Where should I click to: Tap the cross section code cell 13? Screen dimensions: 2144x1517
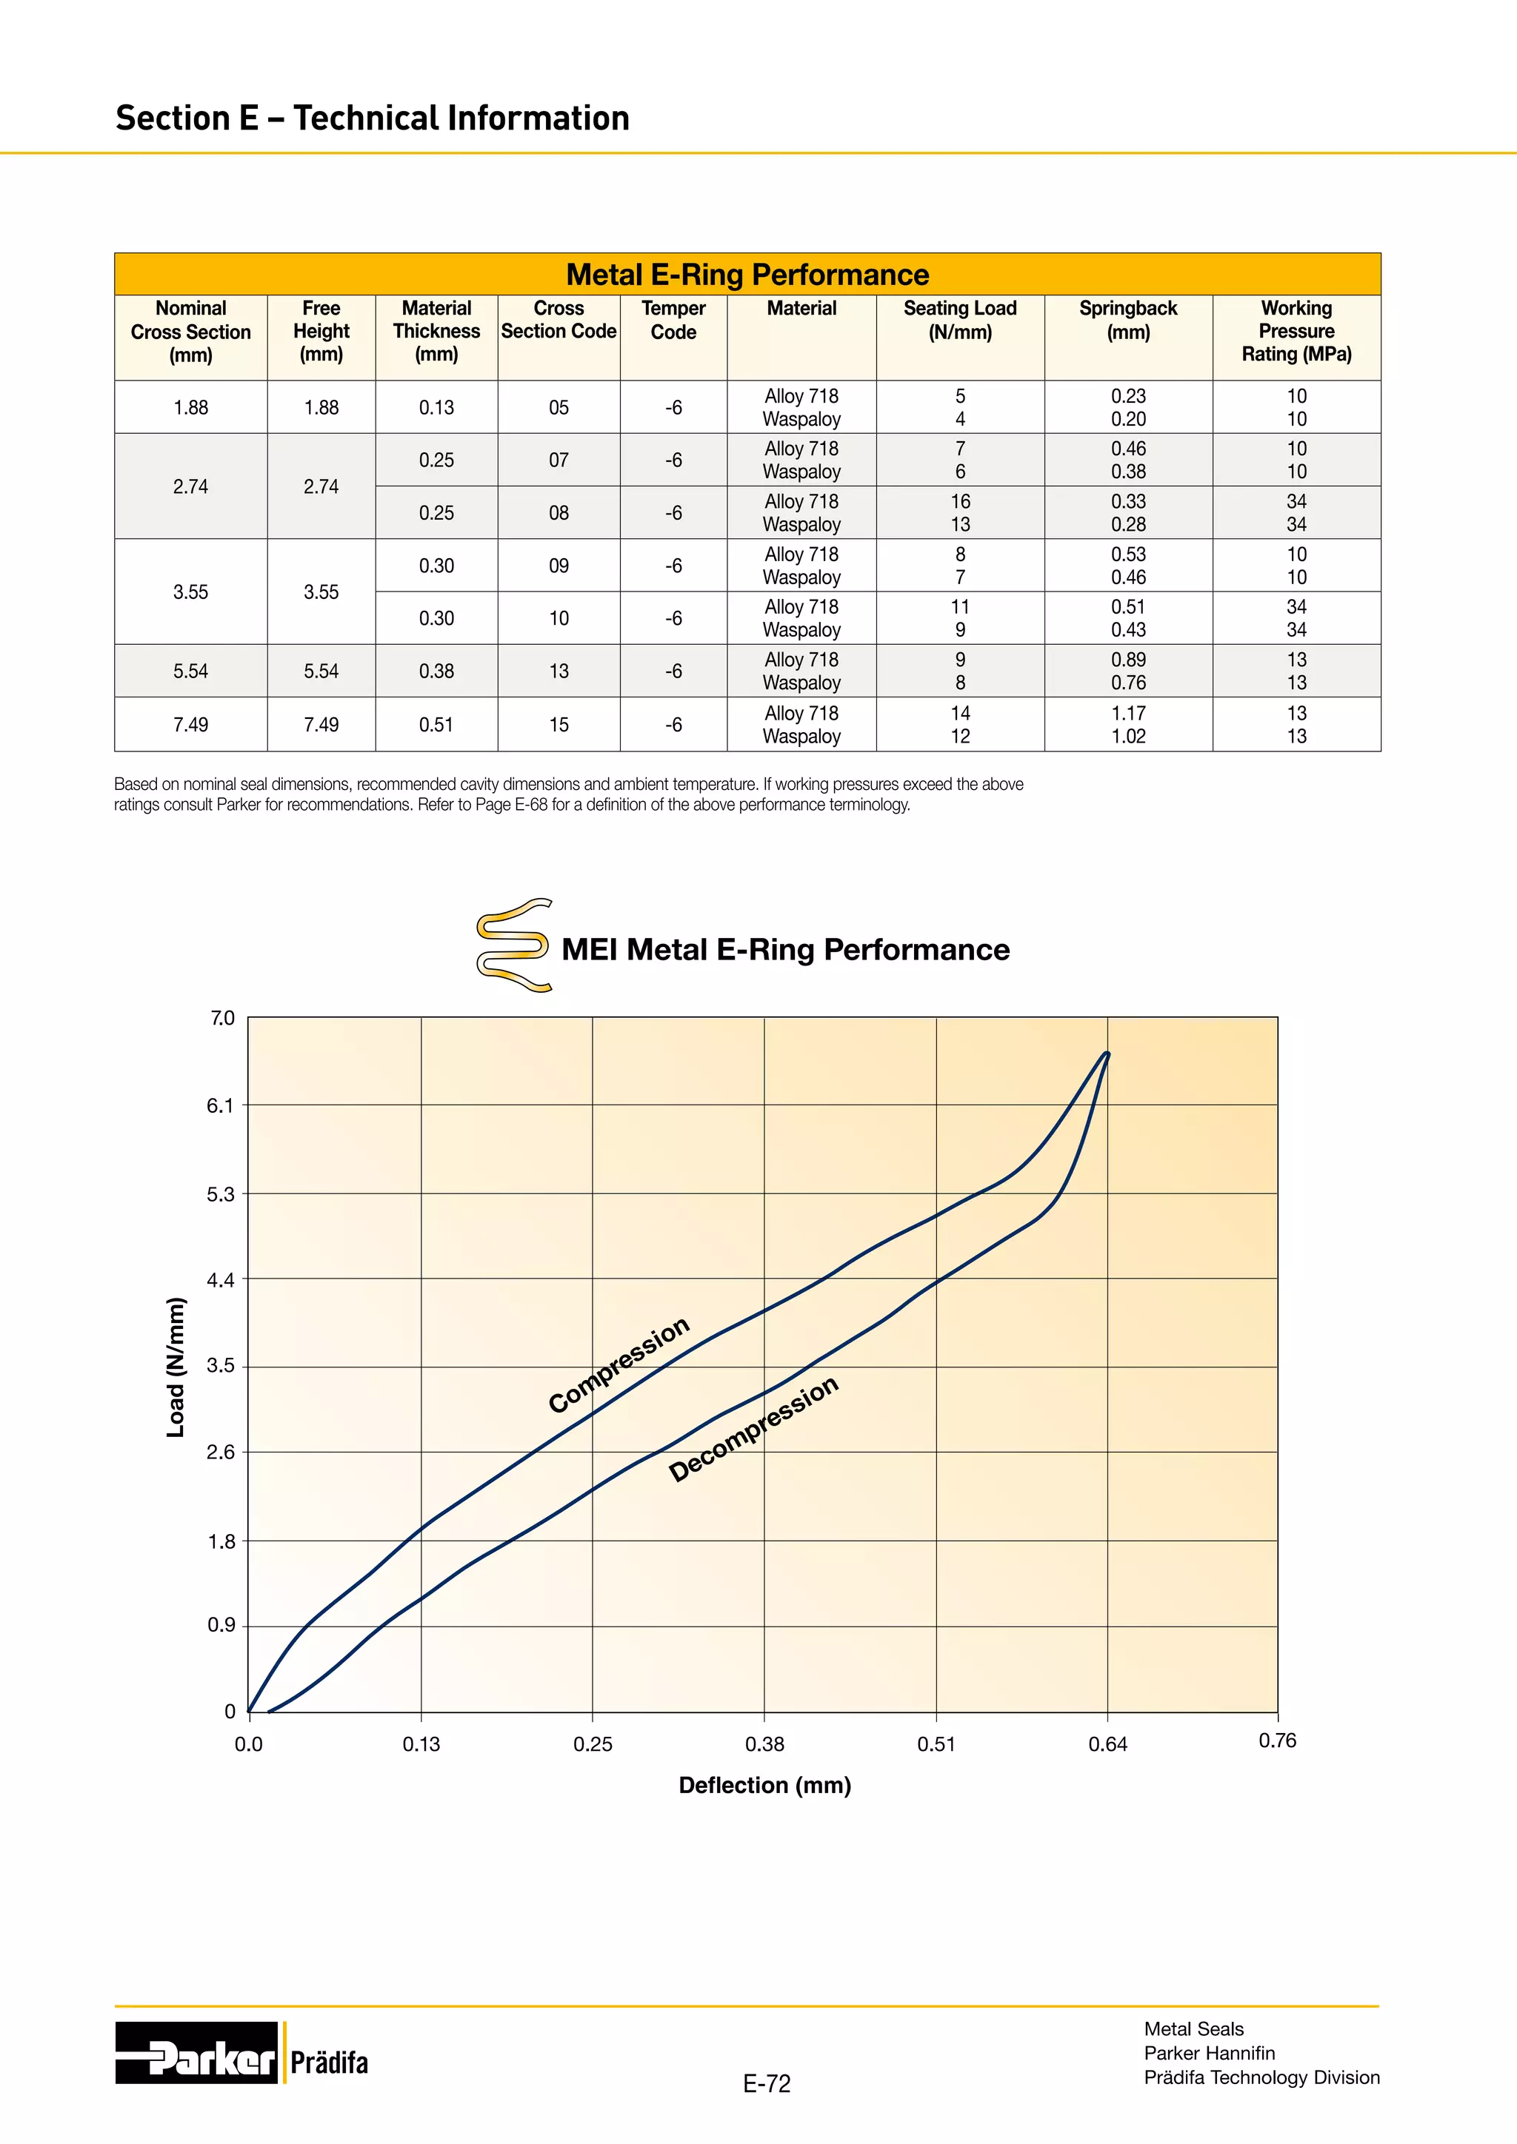pos(559,671)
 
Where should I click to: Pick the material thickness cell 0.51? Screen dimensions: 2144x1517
pos(436,725)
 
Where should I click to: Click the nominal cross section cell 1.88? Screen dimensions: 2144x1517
pos(190,407)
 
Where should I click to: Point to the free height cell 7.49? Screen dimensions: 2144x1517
pos(321,725)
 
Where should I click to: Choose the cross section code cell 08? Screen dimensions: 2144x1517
pos(559,512)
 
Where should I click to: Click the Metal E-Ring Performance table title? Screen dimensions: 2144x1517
pos(747,275)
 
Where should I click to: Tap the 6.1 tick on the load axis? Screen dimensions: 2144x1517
pos(221,1105)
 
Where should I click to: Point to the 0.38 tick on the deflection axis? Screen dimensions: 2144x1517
pos(764,1743)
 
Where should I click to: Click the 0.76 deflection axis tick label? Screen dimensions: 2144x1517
pos(1277,1740)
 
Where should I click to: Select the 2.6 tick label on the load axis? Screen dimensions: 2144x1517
pos(221,1452)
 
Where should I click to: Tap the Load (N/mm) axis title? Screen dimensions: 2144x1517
pos(176,1367)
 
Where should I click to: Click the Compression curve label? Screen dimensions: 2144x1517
pos(619,1364)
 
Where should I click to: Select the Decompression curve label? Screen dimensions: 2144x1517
pos(754,1428)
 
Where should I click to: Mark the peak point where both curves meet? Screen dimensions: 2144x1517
pos(1107,1054)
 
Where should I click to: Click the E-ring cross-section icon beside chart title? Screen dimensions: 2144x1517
pos(513,944)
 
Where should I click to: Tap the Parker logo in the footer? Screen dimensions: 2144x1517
pos(196,2052)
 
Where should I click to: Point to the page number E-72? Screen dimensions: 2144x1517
pos(766,2083)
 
